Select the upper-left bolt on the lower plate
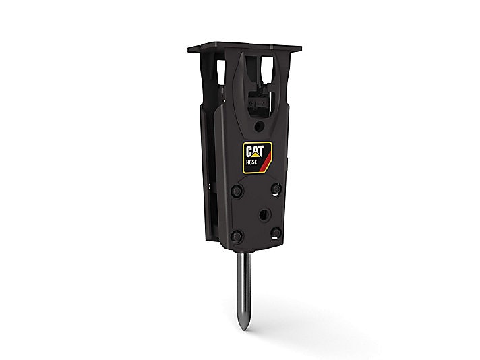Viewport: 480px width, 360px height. [237, 191]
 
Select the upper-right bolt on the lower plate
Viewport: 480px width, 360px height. [276, 187]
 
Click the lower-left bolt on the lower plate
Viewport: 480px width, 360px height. [237, 236]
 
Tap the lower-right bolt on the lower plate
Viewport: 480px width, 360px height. [276, 233]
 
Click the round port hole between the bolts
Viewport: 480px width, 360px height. [264, 215]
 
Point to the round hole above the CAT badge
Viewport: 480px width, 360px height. [260, 125]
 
